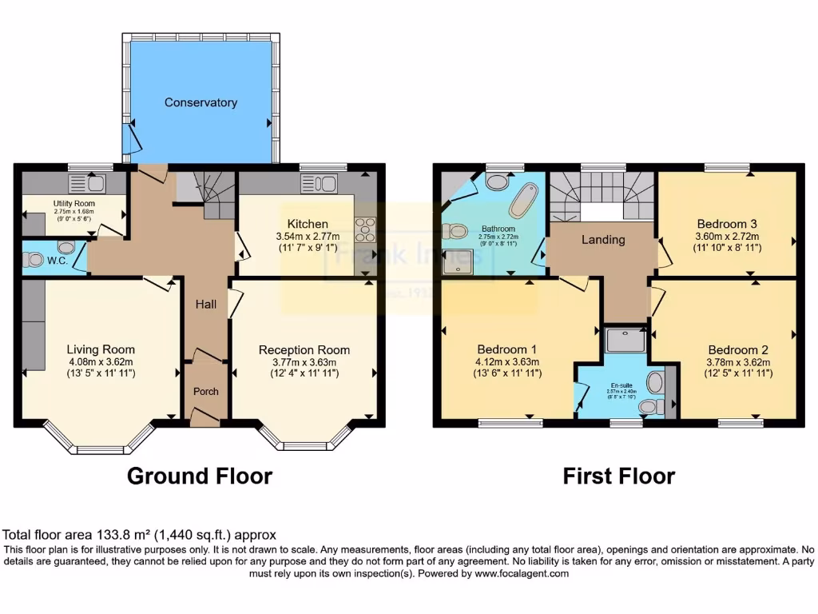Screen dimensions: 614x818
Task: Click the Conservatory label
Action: coord(201,102)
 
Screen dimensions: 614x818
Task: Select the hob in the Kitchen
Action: coord(365,229)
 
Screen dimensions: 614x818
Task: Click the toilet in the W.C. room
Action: coord(34,260)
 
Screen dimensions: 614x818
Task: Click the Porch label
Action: coord(206,391)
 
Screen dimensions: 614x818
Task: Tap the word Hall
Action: coord(206,305)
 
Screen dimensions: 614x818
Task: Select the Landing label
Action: coord(602,239)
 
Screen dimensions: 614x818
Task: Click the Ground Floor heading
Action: coord(200,476)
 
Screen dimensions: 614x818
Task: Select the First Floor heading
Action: coord(618,476)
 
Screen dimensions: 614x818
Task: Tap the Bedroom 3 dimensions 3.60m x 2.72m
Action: coord(727,236)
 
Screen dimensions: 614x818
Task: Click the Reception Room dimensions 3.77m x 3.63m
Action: coord(304,362)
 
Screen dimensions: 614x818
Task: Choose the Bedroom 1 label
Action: coord(506,349)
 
